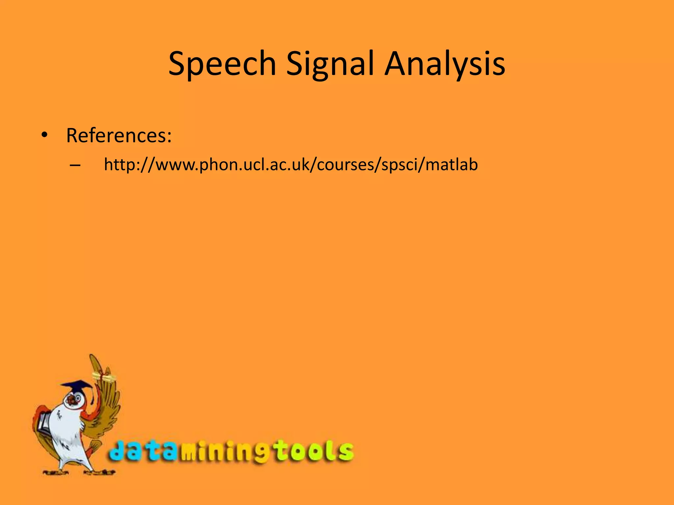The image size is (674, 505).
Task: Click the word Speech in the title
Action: pos(222,63)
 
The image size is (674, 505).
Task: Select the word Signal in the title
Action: pos(330,63)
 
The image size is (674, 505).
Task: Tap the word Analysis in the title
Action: pos(445,63)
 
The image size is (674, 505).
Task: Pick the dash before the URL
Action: pos(75,165)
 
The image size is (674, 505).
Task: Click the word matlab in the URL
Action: pos(451,164)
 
